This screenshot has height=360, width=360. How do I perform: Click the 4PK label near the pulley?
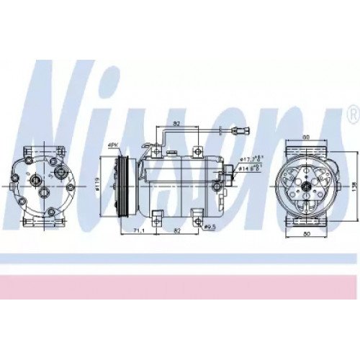[112, 146]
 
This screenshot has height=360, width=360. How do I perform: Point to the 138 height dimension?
[354, 186]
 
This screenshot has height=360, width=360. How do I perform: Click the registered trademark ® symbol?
[352, 114]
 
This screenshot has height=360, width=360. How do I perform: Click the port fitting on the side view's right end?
[230, 173]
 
